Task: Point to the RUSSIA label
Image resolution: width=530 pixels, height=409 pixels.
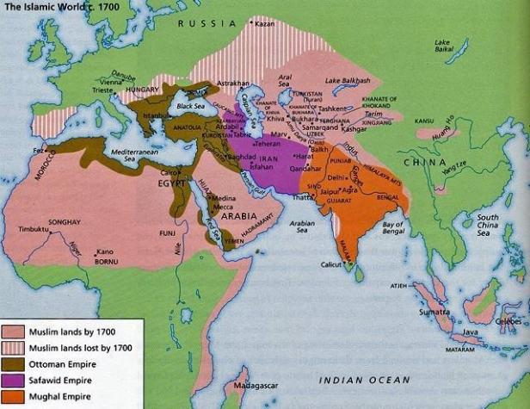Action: click(200, 23)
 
